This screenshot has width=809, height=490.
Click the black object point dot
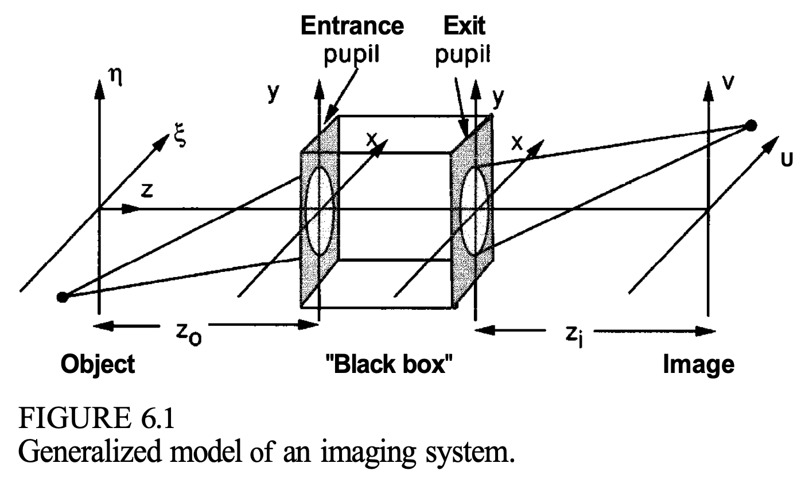(x=63, y=297)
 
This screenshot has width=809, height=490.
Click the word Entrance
(x=352, y=26)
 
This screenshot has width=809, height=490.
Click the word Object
(x=98, y=364)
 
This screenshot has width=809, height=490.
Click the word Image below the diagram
(x=698, y=364)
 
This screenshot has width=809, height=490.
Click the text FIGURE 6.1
(x=96, y=421)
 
